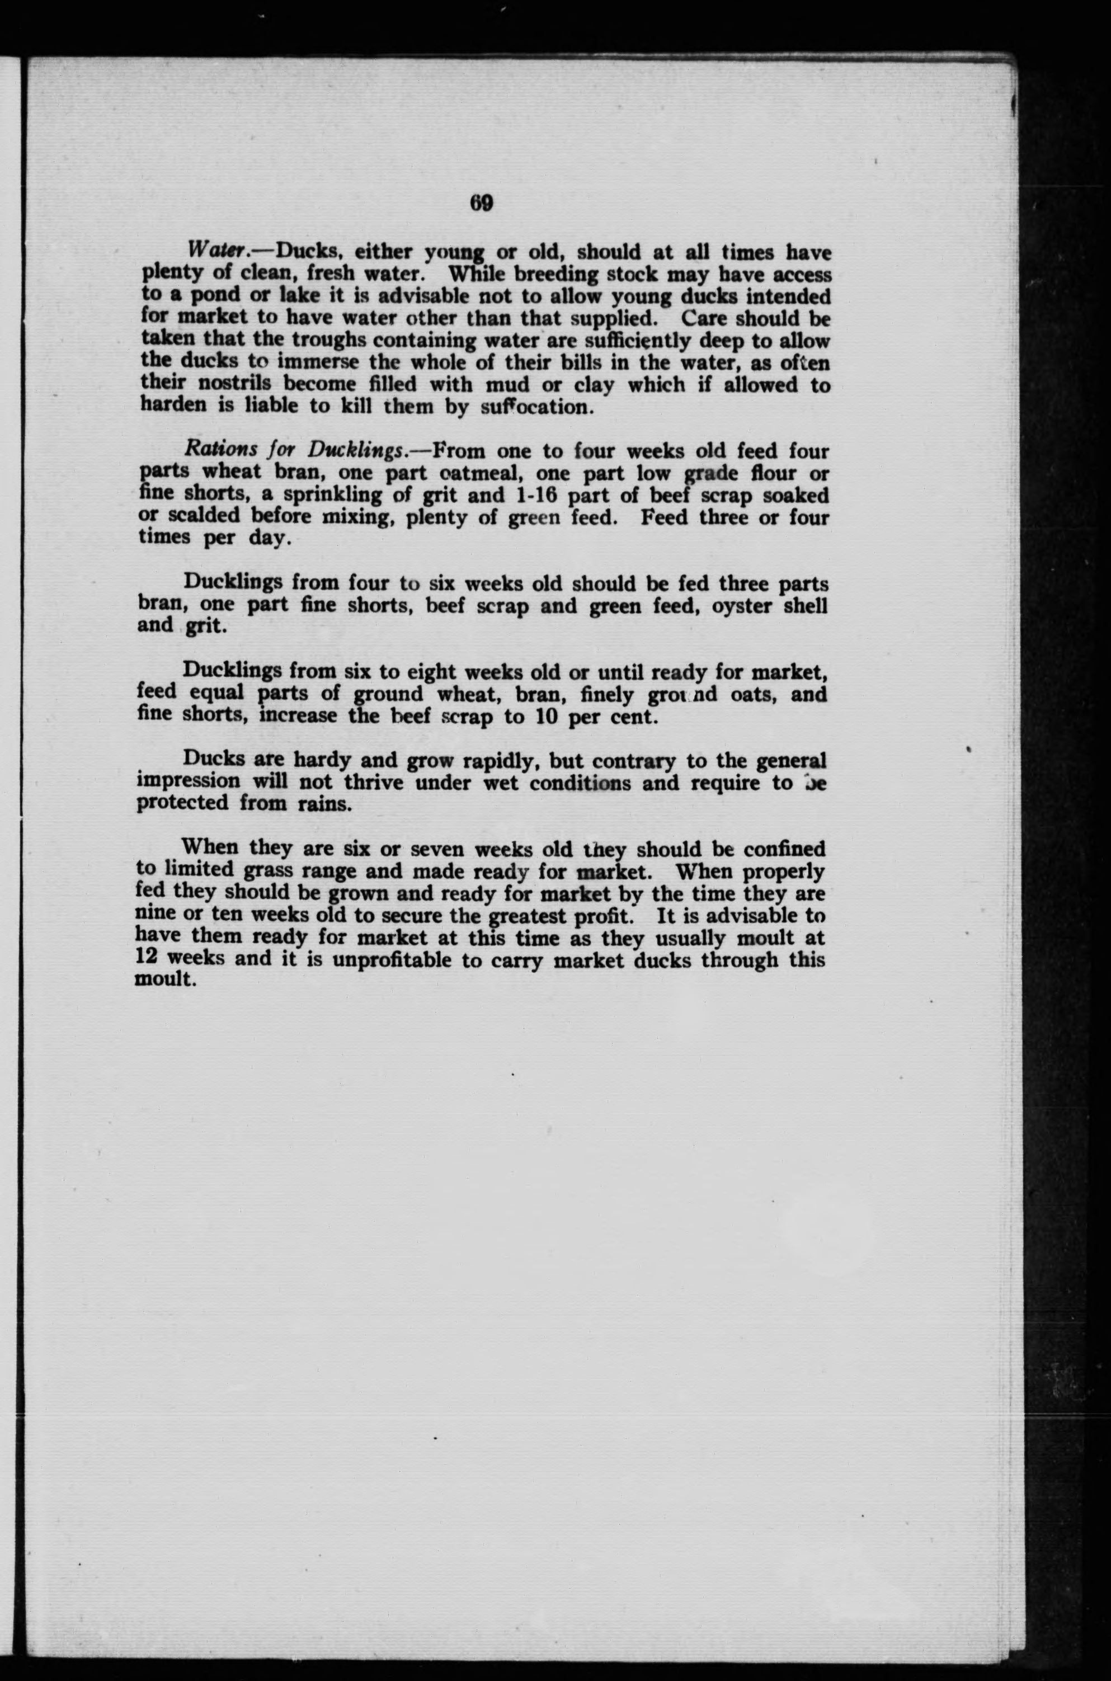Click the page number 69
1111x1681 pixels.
(481, 203)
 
